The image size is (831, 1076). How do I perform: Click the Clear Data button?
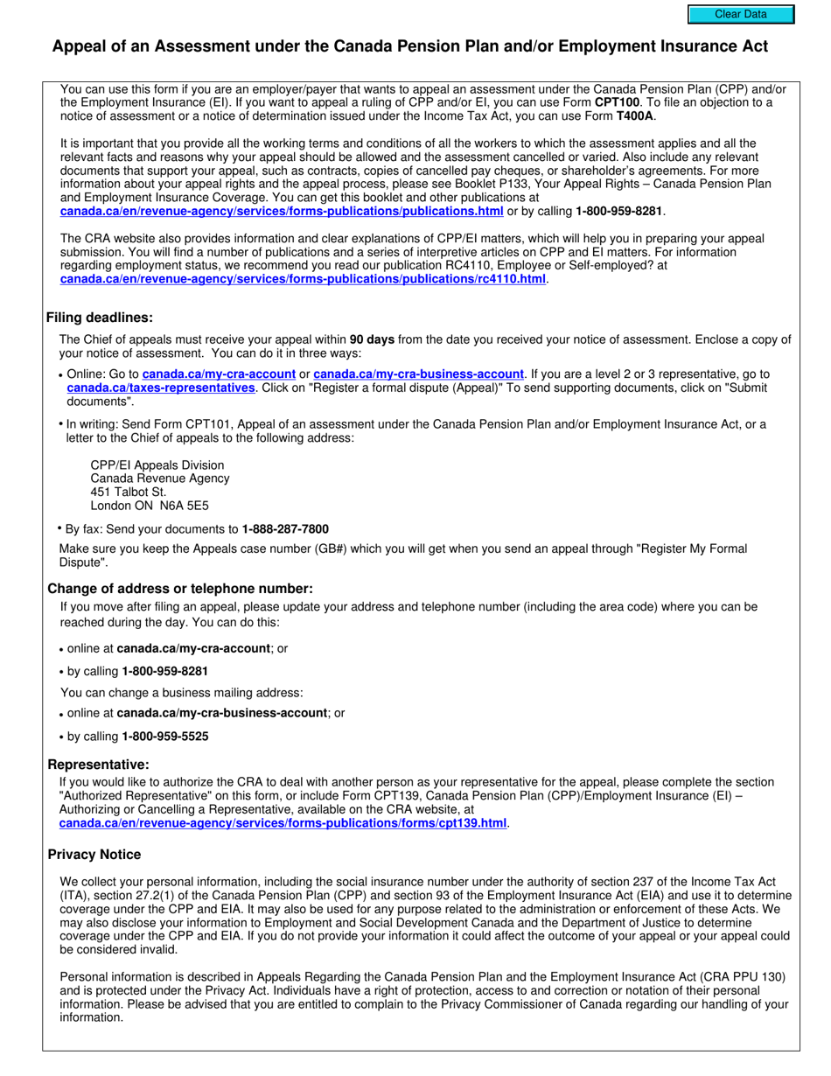(x=740, y=14)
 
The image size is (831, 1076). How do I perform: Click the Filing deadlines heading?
(x=100, y=318)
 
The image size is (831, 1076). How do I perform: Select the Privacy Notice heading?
(x=94, y=854)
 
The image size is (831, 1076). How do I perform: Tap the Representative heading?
(x=98, y=765)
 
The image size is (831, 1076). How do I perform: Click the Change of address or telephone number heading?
(x=179, y=589)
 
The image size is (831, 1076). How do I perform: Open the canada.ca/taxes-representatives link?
(x=161, y=388)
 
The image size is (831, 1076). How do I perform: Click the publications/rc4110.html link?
(x=303, y=278)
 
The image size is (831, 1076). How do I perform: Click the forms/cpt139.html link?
(x=283, y=823)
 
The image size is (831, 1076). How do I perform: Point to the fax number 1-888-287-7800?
(x=285, y=528)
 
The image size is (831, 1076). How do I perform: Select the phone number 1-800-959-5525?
(x=165, y=737)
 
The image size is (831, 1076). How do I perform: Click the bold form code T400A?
(x=635, y=115)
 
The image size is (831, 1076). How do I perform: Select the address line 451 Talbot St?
(x=129, y=492)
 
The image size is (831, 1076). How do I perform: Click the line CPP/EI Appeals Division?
(x=157, y=465)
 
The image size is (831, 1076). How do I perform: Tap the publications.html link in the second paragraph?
(x=282, y=211)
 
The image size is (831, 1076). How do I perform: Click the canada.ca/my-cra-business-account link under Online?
(x=418, y=374)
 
